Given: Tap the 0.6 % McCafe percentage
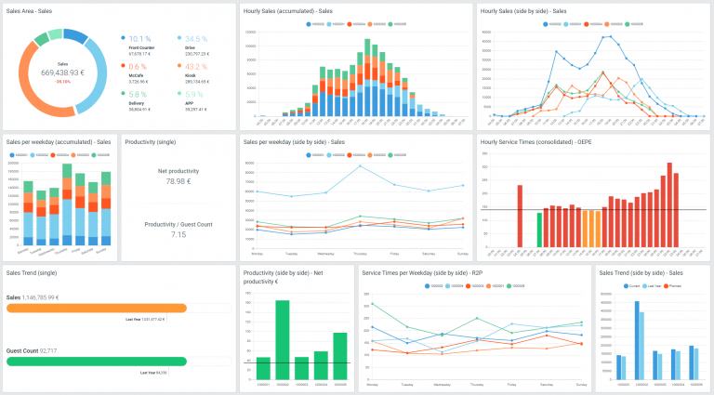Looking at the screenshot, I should click(x=138, y=67).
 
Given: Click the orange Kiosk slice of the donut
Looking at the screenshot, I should click(x=37, y=100).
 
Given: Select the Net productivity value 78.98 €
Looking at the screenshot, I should click(x=178, y=181).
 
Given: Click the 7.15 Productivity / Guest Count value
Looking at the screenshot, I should click(x=178, y=234).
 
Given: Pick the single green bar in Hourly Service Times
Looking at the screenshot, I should click(x=539, y=230).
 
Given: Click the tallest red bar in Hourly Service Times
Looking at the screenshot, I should click(x=668, y=205).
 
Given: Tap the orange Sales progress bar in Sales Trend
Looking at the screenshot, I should click(x=97, y=308).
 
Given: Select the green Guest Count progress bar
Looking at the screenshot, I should click(x=97, y=362).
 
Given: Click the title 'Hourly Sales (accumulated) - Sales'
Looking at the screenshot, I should click(x=288, y=11).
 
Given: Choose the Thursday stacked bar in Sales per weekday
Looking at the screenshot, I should click(x=67, y=210).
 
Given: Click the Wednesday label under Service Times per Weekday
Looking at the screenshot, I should click(x=442, y=384).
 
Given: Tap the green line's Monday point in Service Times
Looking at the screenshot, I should click(x=372, y=305).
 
